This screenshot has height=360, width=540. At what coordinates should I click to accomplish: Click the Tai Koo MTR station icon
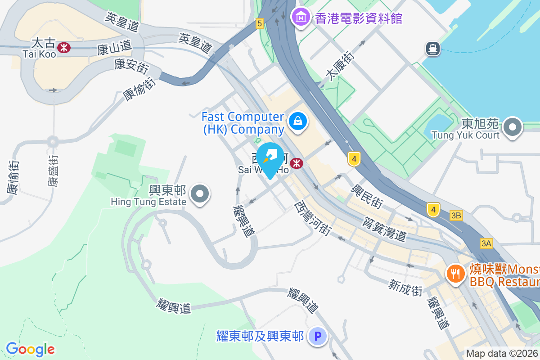click(x=64, y=47)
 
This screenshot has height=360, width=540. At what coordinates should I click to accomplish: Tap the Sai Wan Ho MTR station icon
click(x=297, y=163)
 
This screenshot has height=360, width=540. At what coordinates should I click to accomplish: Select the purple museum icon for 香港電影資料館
click(x=300, y=18)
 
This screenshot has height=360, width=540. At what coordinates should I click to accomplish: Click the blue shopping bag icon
click(x=297, y=121)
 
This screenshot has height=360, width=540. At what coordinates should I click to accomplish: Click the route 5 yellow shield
click(x=259, y=23)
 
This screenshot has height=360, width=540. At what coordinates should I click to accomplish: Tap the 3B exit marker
click(x=456, y=216)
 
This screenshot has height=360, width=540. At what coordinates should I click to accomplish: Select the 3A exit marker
click(x=486, y=243)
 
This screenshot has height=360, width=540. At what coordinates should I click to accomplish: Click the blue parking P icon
click(x=318, y=336)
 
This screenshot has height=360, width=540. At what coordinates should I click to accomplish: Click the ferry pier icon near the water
click(x=433, y=48)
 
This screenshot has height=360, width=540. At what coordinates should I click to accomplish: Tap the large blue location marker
click(x=270, y=159)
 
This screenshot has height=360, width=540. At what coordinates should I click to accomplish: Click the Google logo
click(x=30, y=349)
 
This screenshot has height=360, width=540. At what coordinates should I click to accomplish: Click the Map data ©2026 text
click(x=502, y=353)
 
